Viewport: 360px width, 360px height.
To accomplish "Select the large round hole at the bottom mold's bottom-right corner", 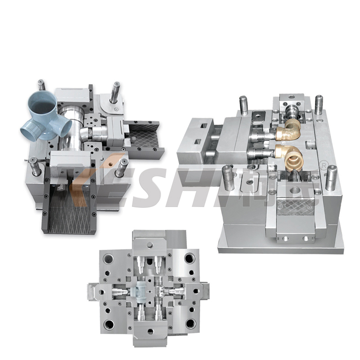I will point(190,323).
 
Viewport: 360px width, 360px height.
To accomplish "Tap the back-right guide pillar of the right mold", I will point(319,104).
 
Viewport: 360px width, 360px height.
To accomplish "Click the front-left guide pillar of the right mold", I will point(228,177).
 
